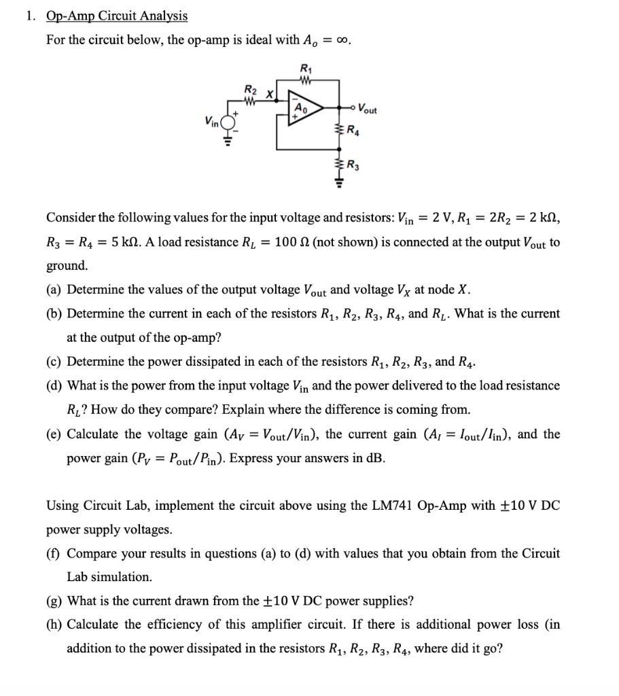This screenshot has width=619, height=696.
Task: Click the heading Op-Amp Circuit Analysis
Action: coord(116,16)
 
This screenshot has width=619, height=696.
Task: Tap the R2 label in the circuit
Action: coord(250,90)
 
